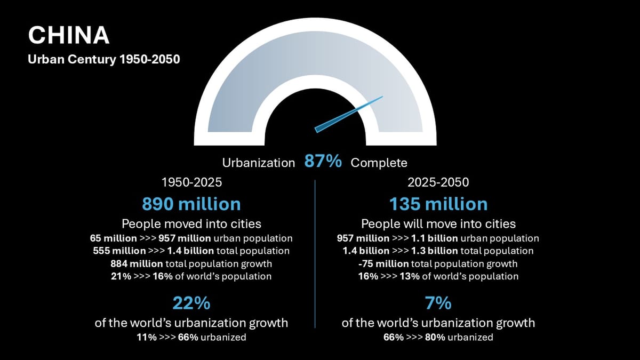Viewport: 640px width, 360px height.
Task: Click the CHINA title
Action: [68, 35]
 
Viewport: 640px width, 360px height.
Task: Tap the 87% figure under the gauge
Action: [323, 162]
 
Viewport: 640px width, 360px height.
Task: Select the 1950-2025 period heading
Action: [191, 182]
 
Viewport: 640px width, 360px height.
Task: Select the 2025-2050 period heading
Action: [438, 182]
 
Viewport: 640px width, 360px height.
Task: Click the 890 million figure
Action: [191, 204]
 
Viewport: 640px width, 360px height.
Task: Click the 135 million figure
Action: [438, 204]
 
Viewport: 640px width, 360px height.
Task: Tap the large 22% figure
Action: [191, 303]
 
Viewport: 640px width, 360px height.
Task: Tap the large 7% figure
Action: [438, 303]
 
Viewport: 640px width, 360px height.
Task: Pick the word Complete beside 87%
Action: [379, 163]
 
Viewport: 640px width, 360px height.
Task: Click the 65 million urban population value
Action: [113, 238]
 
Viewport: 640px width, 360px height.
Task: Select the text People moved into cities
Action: [191, 223]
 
